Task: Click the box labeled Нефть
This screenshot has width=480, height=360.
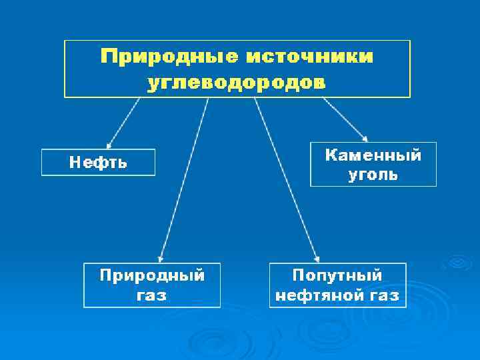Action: (x=98, y=162)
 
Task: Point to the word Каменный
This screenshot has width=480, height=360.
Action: (x=373, y=155)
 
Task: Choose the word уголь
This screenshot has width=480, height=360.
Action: (x=373, y=175)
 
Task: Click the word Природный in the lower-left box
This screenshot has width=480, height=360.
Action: (x=152, y=275)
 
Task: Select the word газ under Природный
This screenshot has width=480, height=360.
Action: (x=152, y=295)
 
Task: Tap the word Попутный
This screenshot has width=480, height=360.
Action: (x=337, y=275)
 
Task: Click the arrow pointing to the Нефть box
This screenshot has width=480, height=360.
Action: (x=123, y=122)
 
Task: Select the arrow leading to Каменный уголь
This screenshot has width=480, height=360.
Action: (x=345, y=119)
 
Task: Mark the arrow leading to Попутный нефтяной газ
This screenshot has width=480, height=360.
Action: (x=286, y=180)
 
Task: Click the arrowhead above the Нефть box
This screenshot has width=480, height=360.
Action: (x=109, y=143)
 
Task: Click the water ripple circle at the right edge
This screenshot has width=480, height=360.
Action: (x=459, y=263)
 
